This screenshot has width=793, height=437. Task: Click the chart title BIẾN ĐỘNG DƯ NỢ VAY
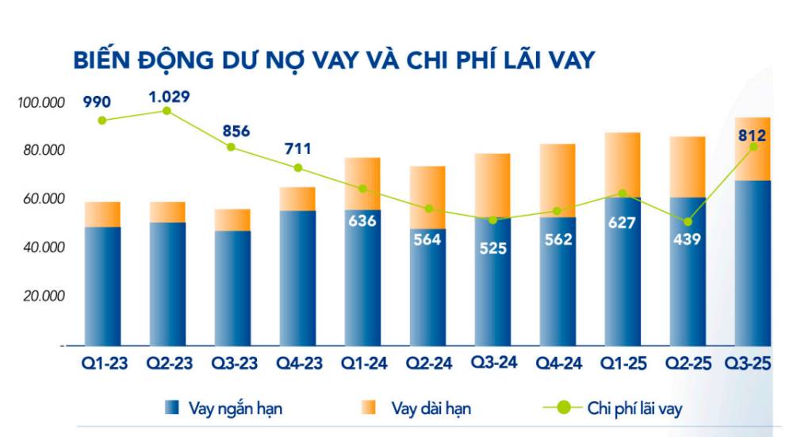[333, 59]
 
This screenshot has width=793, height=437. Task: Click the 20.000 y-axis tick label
[40, 296]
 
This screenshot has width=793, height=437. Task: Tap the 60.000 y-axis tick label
[40, 199]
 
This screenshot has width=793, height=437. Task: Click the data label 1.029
[168, 97]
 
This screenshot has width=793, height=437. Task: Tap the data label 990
[95, 102]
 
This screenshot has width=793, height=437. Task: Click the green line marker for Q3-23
[232, 147]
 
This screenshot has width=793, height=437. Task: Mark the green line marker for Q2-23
[167, 111]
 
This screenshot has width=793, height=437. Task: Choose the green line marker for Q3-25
[753, 147]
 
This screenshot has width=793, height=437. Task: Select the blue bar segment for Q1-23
[102, 286]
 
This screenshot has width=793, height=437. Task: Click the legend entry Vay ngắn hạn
[235, 408]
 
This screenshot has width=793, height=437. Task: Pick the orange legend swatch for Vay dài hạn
[369, 408]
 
